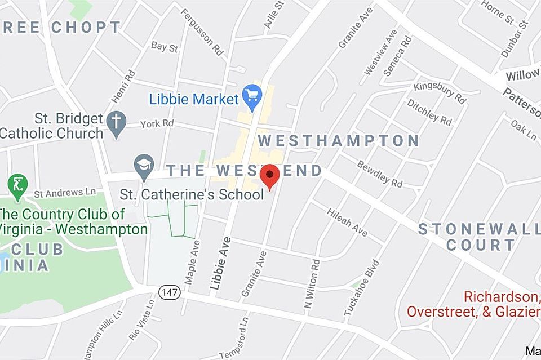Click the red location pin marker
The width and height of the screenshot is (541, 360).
[x=270, y=176]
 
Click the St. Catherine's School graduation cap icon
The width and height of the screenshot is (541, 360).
[x=144, y=166]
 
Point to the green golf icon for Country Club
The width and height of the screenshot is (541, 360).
[x=17, y=185]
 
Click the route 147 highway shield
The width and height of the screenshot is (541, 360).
[x=169, y=292]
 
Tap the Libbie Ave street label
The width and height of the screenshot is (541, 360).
[x=220, y=264]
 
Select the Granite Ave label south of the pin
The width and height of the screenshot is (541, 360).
[x=254, y=274]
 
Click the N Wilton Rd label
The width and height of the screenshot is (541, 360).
[x=312, y=283]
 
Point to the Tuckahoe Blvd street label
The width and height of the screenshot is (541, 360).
[x=361, y=288]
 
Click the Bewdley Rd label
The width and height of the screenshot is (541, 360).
[x=380, y=174]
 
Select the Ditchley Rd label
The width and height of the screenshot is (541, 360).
[x=429, y=112]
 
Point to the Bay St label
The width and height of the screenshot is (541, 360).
[x=165, y=47]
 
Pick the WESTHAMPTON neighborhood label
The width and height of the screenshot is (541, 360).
[x=338, y=141]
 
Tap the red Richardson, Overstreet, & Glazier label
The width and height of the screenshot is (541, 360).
[x=473, y=304]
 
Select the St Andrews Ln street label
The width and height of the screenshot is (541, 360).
[x=65, y=193]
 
